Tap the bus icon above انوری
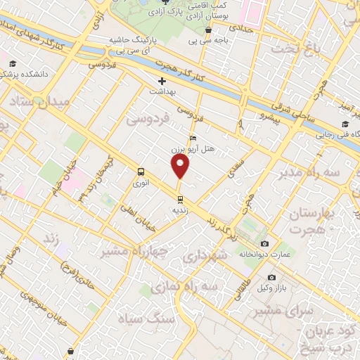(x=141, y=172)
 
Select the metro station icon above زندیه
(x=181, y=199)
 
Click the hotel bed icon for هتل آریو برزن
(x=193, y=139)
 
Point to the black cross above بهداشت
(x=162, y=81)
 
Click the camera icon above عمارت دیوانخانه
(x=265, y=243)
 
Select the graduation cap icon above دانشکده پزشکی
(x=13, y=63)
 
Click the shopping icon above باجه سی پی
(x=209, y=31)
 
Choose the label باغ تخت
(x=298, y=49)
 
